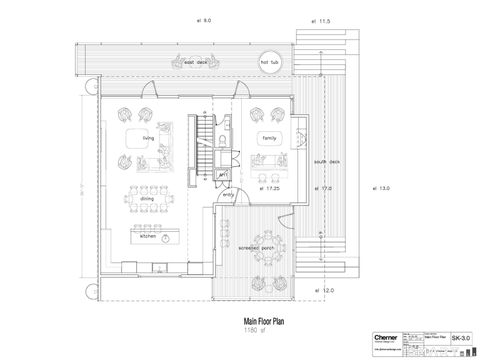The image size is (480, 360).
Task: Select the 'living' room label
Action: coord(148,139)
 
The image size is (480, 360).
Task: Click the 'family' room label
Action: coord(269,138)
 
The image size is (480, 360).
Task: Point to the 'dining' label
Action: coord(147,198)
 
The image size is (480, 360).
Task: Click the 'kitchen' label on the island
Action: coord(148,237)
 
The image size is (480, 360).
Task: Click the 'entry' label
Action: coord(227,195)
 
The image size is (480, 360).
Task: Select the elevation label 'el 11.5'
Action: coord(321,20)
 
